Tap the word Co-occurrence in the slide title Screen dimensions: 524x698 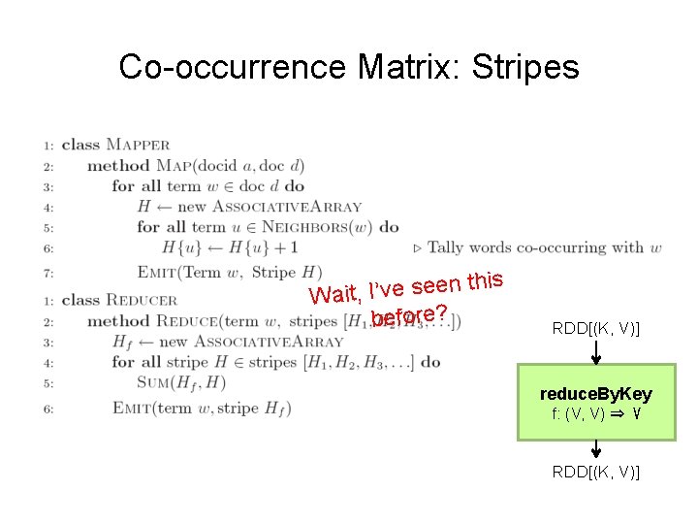click(234, 67)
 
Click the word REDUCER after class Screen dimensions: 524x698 click(142, 300)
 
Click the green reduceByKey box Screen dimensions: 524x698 click(596, 403)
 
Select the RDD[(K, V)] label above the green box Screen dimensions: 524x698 click(596, 329)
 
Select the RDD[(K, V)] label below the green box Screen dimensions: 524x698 click(596, 473)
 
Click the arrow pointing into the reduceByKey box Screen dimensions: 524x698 click(596, 352)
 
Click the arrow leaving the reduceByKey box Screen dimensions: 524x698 click(596, 449)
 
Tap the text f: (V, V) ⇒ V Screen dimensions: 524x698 click(596, 413)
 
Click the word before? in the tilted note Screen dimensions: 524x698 click(408, 316)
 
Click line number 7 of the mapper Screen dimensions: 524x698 click(48, 273)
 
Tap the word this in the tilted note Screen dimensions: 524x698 click(484, 281)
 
